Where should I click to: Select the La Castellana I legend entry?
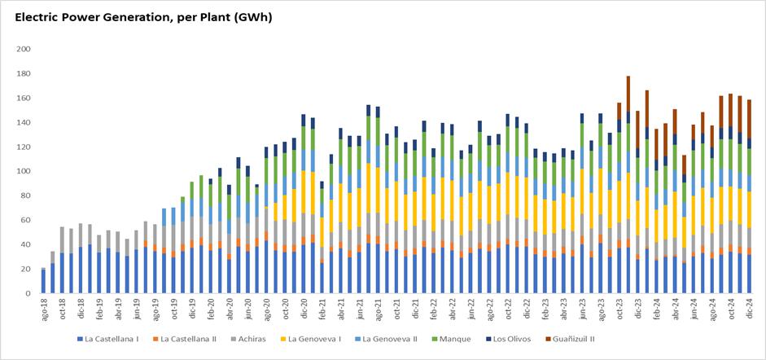click(110, 339)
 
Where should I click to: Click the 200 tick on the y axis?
click(24, 50)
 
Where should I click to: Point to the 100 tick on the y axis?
click(24, 171)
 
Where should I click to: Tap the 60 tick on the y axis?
click(26, 220)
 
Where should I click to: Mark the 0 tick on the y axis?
click(28, 293)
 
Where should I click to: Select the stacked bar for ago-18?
click(43, 280)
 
